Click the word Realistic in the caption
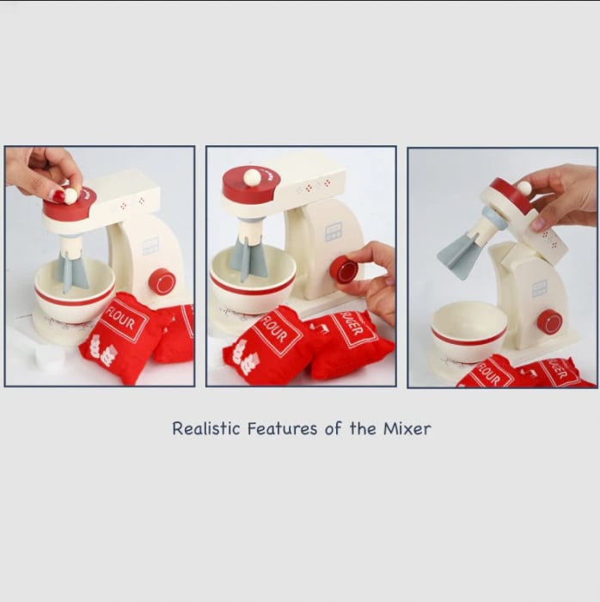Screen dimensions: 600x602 [206, 428]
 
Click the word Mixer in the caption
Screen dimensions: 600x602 [407, 428]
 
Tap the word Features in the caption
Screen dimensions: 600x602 [282, 428]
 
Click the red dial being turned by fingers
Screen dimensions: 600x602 [344, 270]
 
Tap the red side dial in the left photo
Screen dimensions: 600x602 [162, 281]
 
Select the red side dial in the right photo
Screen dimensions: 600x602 [549, 322]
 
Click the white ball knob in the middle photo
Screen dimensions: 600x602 [252, 178]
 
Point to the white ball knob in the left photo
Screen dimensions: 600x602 [70, 196]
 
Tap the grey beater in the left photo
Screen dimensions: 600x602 [71, 271]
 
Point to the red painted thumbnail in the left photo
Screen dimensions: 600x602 [58, 196]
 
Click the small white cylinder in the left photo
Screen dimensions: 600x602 [50, 359]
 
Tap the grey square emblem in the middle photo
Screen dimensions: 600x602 [333, 233]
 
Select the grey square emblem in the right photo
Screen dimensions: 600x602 [539, 289]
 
